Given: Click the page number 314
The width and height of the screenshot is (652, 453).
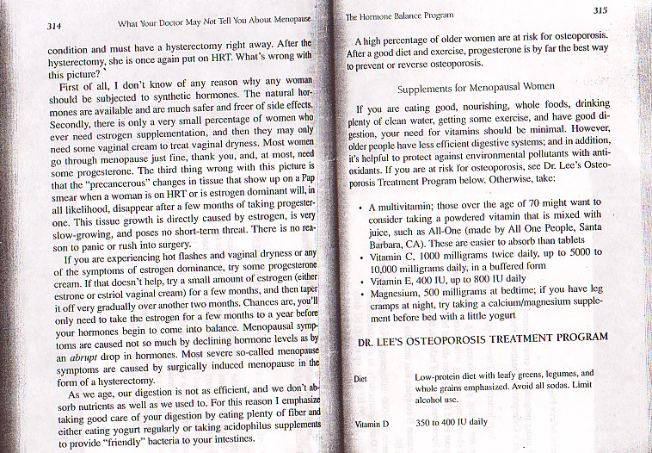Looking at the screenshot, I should [57, 27].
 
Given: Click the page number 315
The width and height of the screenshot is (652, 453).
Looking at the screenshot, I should [600, 9].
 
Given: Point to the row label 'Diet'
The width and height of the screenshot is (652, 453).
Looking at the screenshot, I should [362, 379].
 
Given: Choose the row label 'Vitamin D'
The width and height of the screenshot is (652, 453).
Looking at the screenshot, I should [372, 425].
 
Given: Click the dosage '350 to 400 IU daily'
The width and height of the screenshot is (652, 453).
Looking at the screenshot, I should [451, 423].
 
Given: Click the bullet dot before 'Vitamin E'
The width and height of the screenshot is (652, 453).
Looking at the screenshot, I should [360, 281].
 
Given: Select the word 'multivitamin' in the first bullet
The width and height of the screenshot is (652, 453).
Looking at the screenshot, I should [408, 208].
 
